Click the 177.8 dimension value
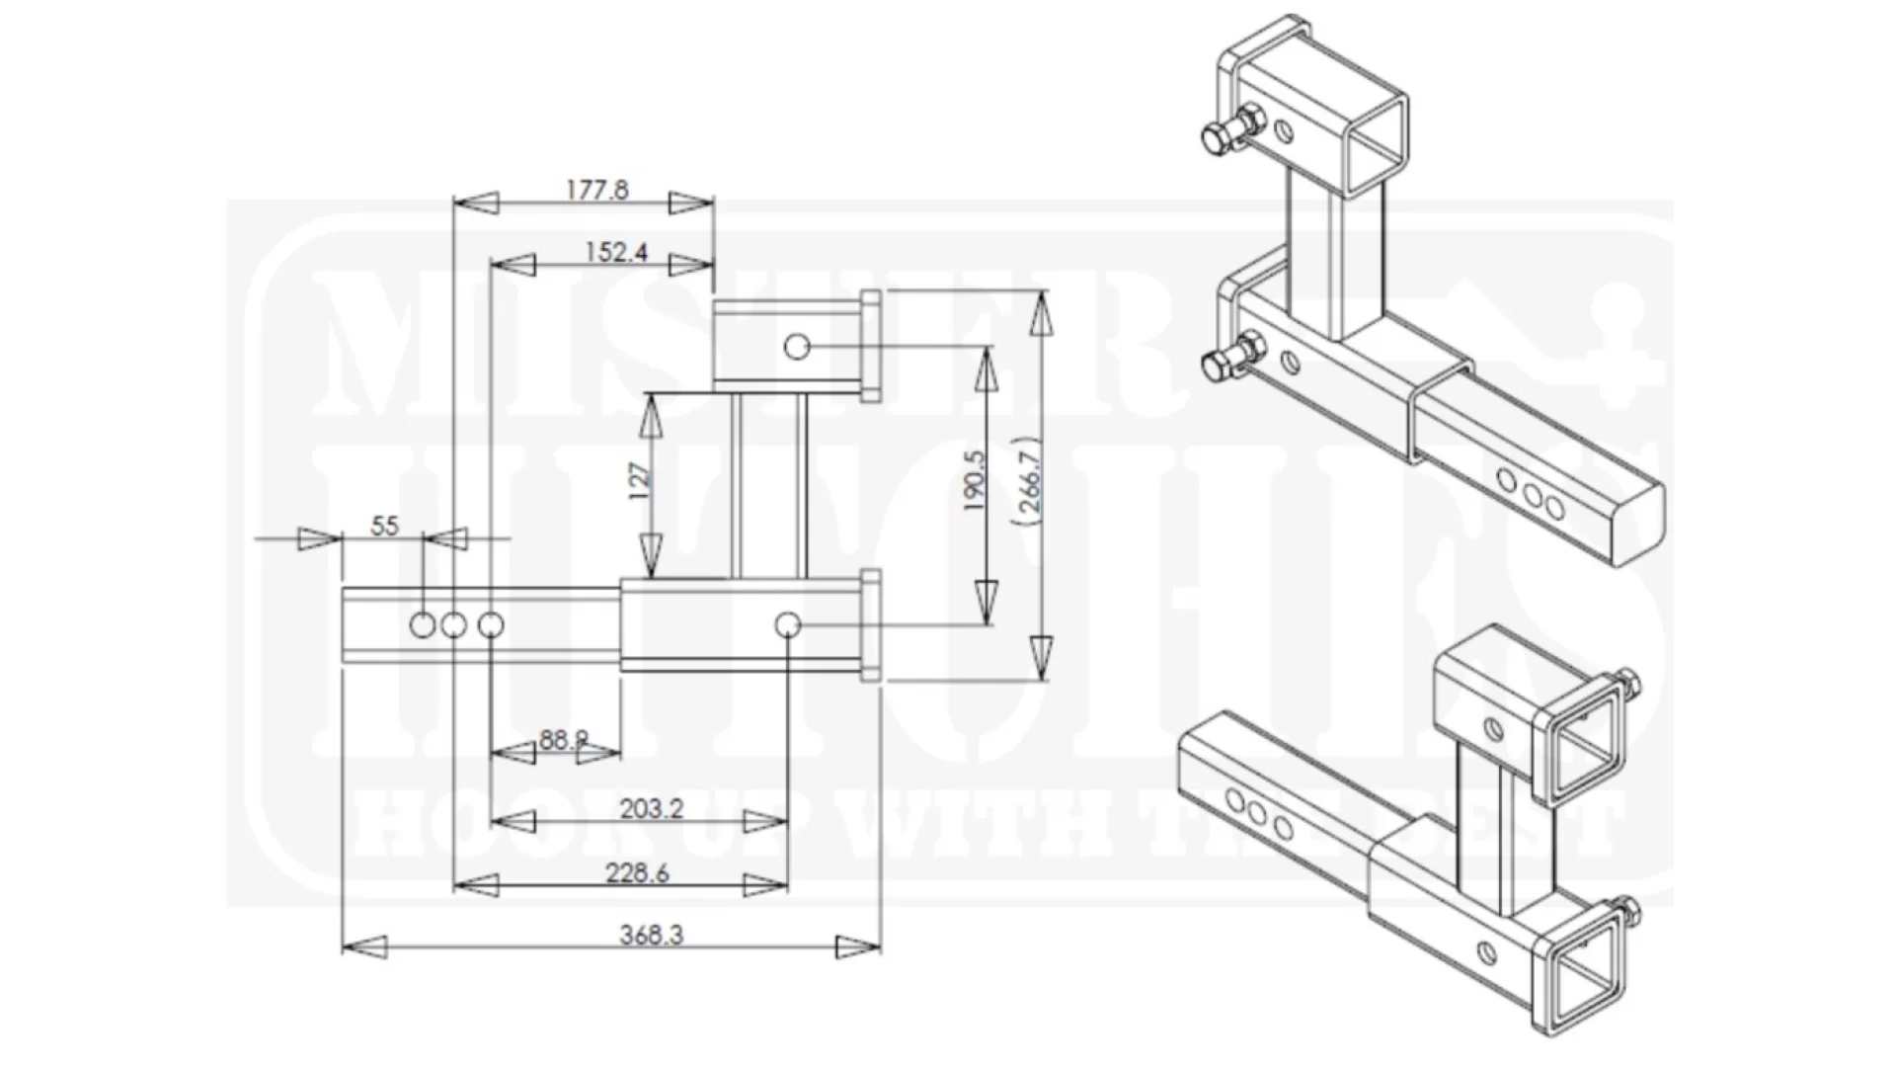point(596,189)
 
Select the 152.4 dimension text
point(615,252)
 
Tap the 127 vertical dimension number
point(641,481)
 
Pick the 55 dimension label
point(384,526)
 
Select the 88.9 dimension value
point(563,739)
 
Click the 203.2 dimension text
point(651,809)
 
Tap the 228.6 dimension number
point(637,873)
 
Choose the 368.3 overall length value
point(651,934)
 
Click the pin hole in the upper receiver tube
point(797,347)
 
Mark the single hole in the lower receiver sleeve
point(787,624)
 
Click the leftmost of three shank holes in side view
point(422,624)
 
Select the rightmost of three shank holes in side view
point(491,624)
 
